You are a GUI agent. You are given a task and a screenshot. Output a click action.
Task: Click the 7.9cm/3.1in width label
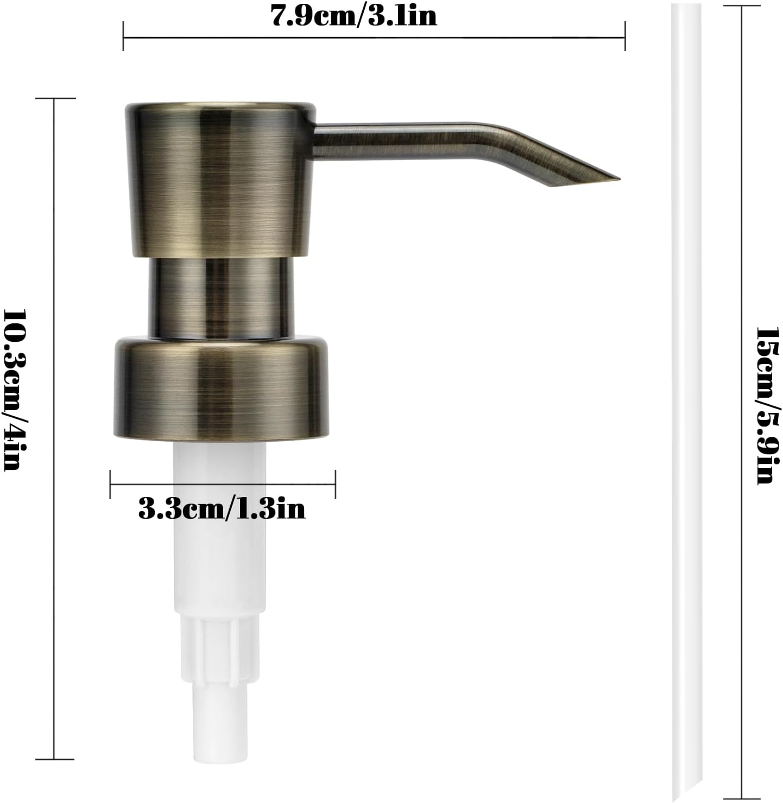pyautogui.click(x=353, y=16)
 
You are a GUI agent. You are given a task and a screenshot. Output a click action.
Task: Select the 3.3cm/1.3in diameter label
pyautogui.click(x=222, y=509)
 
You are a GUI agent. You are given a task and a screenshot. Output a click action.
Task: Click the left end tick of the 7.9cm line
pyautogui.click(x=124, y=36)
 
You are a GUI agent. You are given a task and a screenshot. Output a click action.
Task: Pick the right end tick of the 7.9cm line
pyautogui.click(x=625, y=36)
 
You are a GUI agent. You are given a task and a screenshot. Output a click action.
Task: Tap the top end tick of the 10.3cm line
pyautogui.click(x=54, y=99)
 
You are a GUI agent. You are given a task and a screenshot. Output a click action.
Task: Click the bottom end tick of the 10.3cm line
pyautogui.click(x=54, y=759)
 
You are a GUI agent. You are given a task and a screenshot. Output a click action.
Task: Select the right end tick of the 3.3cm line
pyautogui.click(x=335, y=484)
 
